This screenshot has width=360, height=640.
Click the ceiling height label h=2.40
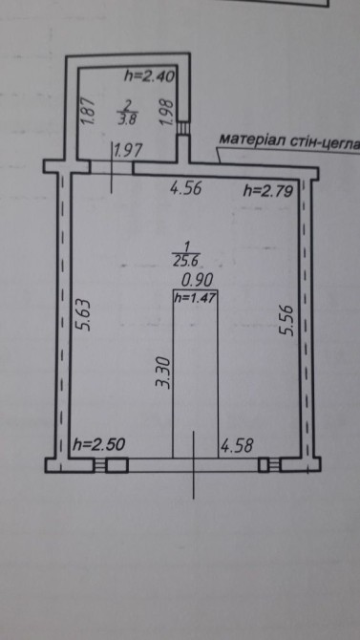[149, 75]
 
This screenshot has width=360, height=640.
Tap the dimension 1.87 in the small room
[89, 111]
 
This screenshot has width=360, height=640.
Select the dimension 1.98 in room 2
[167, 114]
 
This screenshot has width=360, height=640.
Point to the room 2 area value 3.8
[127, 120]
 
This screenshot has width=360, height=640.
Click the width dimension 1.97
[128, 151]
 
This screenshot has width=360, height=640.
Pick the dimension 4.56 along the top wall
[185, 188]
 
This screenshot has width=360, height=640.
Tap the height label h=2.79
[268, 190]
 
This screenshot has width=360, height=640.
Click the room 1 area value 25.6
[186, 261]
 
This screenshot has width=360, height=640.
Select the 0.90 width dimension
[198, 281]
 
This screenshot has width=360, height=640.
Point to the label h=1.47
[195, 298]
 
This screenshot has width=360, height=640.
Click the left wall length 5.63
[84, 314]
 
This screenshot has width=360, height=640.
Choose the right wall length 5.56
[286, 320]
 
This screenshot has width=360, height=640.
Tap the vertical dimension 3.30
[162, 372]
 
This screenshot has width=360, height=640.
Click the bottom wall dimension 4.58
[237, 446]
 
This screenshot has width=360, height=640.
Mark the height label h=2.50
[98, 444]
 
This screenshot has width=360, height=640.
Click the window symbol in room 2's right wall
[182, 128]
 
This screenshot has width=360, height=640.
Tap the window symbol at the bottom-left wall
[100, 465]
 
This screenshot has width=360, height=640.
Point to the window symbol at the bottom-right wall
[275, 464]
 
